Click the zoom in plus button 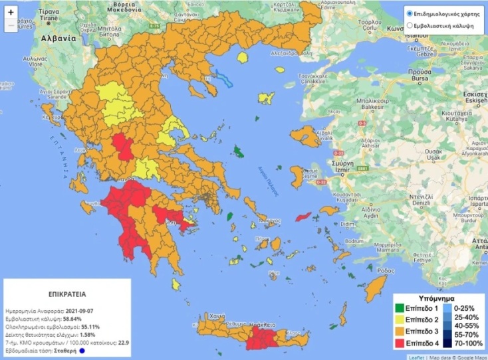11,12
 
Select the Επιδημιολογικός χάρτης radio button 410,13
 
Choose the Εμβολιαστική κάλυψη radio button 410,27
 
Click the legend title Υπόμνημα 436,298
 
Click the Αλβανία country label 58,39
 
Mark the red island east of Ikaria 304,218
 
